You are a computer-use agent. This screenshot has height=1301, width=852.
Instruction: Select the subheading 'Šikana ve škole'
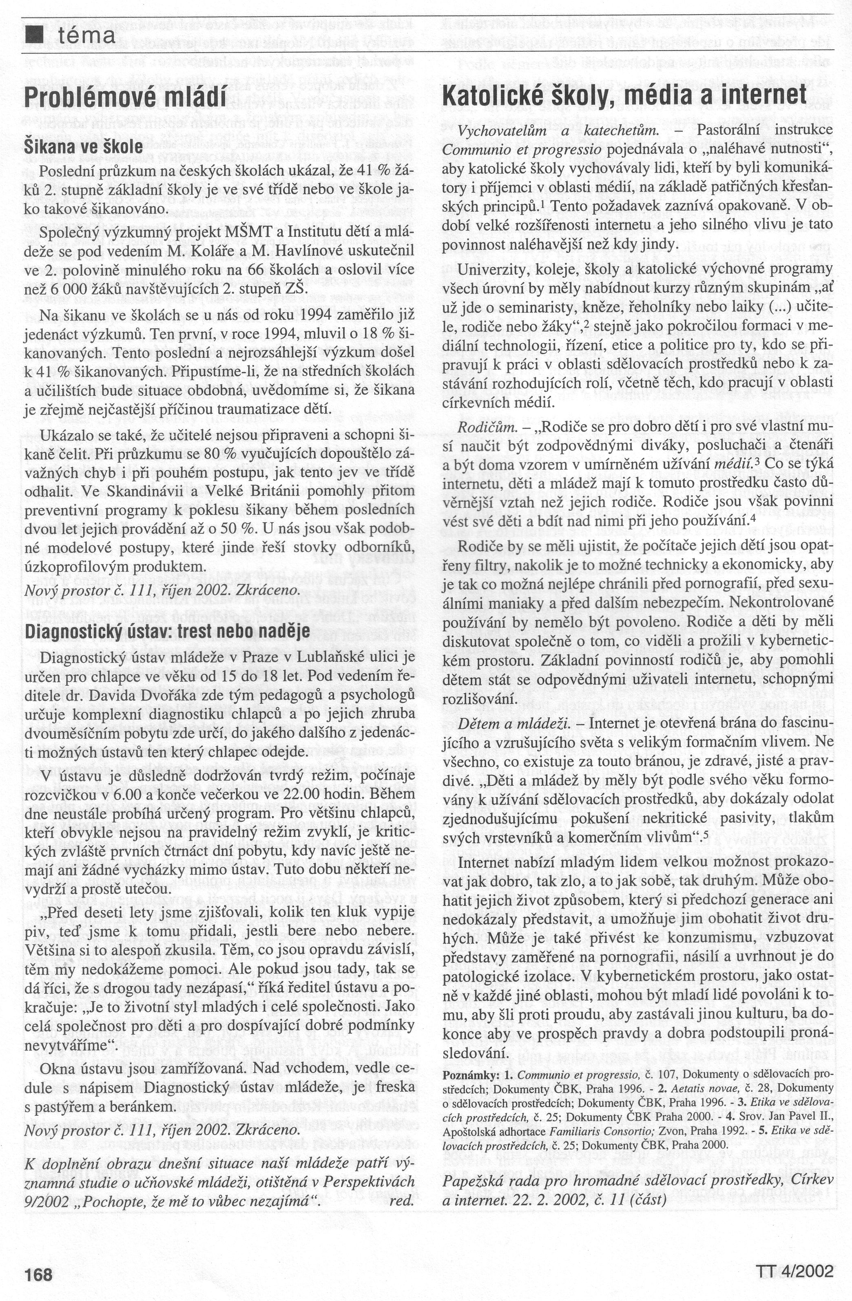point(84,146)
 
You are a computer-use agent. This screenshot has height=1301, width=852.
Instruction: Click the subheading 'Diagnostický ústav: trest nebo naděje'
point(167,630)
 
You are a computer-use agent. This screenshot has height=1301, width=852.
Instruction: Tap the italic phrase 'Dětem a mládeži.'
point(514,723)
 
